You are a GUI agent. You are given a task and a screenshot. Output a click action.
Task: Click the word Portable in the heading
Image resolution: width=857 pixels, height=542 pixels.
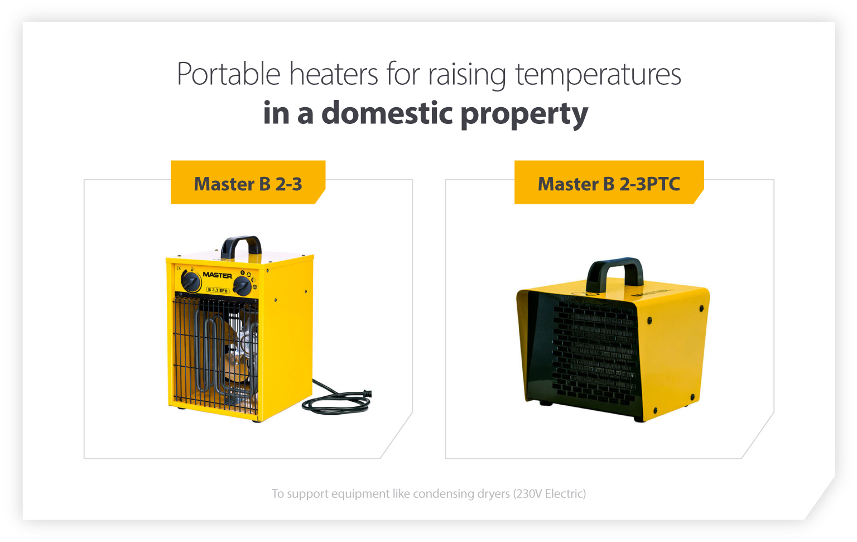point(228,74)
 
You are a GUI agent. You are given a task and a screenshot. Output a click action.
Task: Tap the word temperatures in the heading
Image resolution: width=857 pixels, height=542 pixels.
point(598,74)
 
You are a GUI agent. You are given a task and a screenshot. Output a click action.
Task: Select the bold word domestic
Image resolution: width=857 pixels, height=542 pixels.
point(387,113)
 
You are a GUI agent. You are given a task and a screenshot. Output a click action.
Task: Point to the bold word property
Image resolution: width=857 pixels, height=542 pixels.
point(524,114)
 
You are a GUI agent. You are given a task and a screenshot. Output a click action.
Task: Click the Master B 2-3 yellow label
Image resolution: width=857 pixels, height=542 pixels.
point(248,183)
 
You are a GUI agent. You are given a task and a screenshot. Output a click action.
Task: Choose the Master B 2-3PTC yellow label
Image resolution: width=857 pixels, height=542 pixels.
point(609,183)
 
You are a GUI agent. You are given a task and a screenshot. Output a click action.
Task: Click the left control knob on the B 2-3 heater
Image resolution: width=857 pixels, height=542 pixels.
point(191,281)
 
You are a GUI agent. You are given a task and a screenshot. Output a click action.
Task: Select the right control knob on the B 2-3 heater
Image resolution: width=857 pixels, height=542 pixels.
point(242,286)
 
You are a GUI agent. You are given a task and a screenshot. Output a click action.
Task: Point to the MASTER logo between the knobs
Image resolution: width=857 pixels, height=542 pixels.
point(217,275)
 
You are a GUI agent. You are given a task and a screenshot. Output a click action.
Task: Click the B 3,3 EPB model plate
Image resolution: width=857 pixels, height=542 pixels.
point(218,290)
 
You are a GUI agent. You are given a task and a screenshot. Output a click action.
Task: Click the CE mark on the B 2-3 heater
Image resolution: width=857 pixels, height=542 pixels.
point(179,268)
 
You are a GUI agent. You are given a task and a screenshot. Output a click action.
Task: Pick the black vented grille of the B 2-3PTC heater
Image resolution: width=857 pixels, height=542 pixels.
point(594,352)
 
